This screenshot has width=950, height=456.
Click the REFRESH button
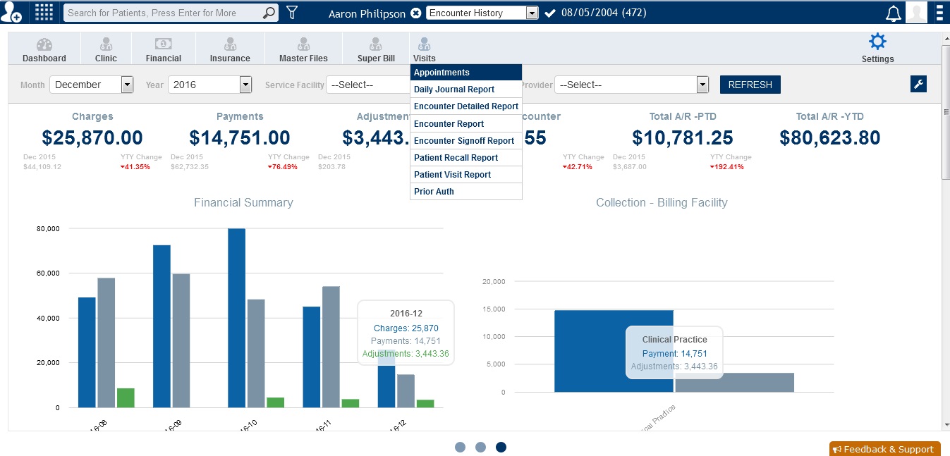pos(750,85)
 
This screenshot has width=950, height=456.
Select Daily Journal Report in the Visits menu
pos(454,90)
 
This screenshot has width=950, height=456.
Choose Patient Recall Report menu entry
pos(456,158)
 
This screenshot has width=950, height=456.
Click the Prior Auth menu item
pos(434,192)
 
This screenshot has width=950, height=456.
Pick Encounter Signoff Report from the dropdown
pos(463,141)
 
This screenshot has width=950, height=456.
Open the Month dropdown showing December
pos(91,85)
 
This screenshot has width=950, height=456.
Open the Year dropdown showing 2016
pos(209,85)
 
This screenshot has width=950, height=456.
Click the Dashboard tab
pos(44,50)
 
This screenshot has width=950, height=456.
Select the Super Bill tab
pos(376,50)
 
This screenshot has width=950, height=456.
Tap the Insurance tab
pos(230,50)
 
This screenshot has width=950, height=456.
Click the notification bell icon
pos(893,13)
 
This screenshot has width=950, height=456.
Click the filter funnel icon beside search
pos(292,13)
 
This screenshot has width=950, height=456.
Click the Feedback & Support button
pos(885,449)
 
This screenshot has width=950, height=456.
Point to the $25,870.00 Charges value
pos(92,137)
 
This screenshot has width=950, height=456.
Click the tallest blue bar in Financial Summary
pos(236,317)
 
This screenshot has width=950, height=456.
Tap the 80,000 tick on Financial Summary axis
pos(48,229)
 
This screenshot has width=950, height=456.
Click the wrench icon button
pos(918,85)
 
